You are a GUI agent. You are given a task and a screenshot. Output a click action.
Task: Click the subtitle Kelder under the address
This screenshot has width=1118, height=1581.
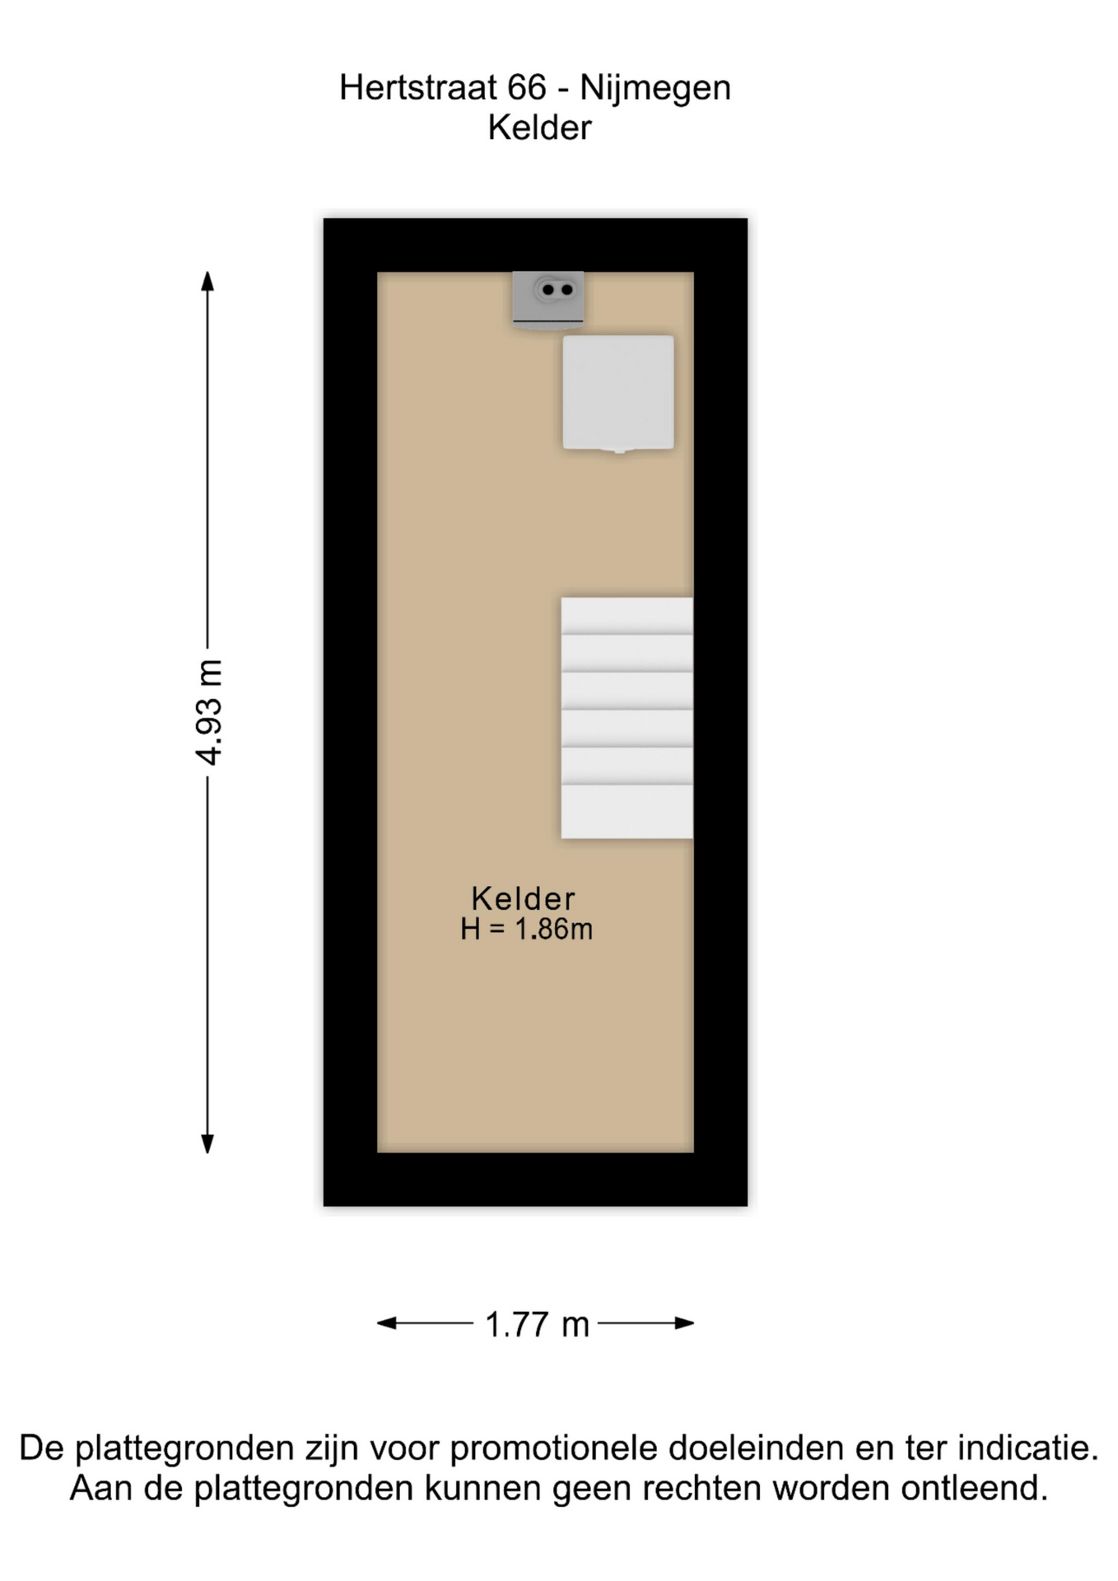pyautogui.click(x=539, y=128)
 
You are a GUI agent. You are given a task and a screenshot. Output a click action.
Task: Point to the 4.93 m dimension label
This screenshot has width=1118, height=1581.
pyautogui.click(x=209, y=712)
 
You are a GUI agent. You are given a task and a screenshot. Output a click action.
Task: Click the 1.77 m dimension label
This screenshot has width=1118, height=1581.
pyautogui.click(x=537, y=1325)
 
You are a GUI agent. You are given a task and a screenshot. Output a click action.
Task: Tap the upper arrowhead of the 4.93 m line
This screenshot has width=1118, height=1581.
pyautogui.click(x=207, y=281)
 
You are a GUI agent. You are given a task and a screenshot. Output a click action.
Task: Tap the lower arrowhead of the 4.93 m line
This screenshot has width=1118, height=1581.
pyautogui.click(x=207, y=1143)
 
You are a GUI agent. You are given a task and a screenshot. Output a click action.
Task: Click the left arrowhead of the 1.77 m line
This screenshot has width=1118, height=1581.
pyautogui.click(x=387, y=1323)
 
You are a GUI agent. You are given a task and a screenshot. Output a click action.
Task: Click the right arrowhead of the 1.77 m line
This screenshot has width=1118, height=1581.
pyautogui.click(x=684, y=1323)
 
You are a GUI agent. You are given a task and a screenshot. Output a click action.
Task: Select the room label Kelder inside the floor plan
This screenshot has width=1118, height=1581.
pyautogui.click(x=524, y=898)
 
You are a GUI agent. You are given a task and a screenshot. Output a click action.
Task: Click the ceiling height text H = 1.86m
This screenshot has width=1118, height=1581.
pyautogui.click(x=526, y=929)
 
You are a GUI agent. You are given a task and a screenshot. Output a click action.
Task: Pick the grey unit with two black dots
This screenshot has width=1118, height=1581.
pyautogui.click(x=548, y=300)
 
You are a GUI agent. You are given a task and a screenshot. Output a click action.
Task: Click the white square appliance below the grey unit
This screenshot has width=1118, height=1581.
pyautogui.click(x=618, y=393)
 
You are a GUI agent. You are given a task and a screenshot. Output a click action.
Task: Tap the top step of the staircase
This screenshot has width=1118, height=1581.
pyautogui.click(x=627, y=616)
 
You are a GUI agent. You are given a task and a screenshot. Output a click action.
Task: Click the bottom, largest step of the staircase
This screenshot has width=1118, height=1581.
pyautogui.click(x=627, y=812)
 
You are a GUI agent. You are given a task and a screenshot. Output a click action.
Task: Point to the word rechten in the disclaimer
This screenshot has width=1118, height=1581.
pyautogui.click(x=705, y=1489)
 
